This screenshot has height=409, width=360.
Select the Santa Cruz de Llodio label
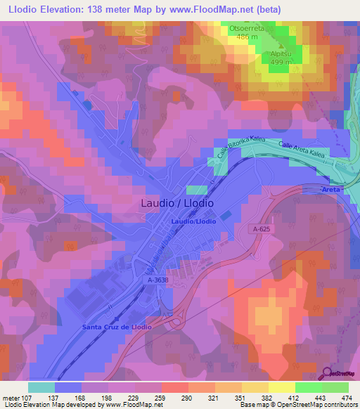point(117,327)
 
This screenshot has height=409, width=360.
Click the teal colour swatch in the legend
point(41,387)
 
